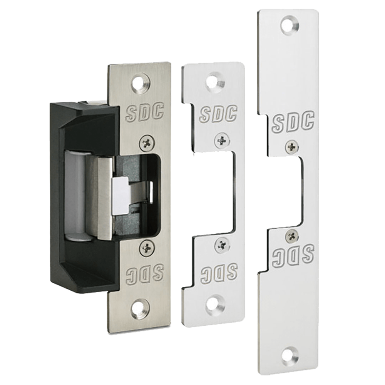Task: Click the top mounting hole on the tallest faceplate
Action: pos(290,25)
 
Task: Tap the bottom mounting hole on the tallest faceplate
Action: pos(290,356)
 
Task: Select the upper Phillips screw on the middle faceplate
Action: pos(222,141)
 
